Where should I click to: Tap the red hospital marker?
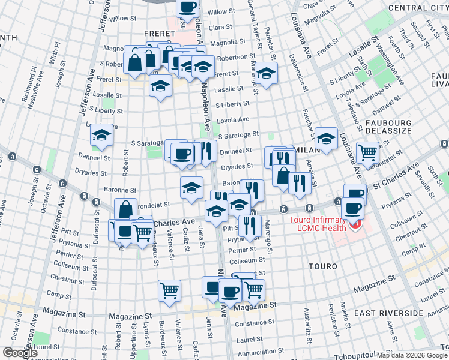tap(355, 225)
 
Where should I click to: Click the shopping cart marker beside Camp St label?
tap(170, 290)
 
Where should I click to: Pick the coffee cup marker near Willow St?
tap(187, 7)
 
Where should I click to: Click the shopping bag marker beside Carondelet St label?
tap(125, 209)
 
